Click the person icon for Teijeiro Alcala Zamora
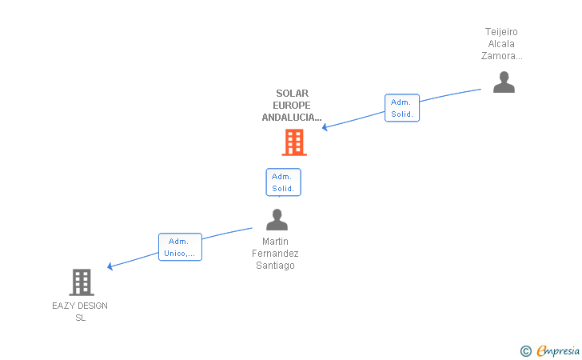click(x=504, y=82)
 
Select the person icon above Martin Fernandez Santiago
click(x=277, y=219)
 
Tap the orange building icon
click(x=294, y=142)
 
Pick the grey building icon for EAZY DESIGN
click(x=81, y=282)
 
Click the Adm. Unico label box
click(x=180, y=247)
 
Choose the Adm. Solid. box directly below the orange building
click(x=283, y=182)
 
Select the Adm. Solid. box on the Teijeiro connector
click(x=402, y=108)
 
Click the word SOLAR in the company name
click(x=292, y=94)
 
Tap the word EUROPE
click(x=292, y=106)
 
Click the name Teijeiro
click(x=501, y=32)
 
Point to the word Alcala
click(x=501, y=44)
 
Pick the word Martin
click(x=276, y=242)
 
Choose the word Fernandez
click(x=276, y=254)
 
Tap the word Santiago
click(x=276, y=266)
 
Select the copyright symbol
click(x=525, y=350)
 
